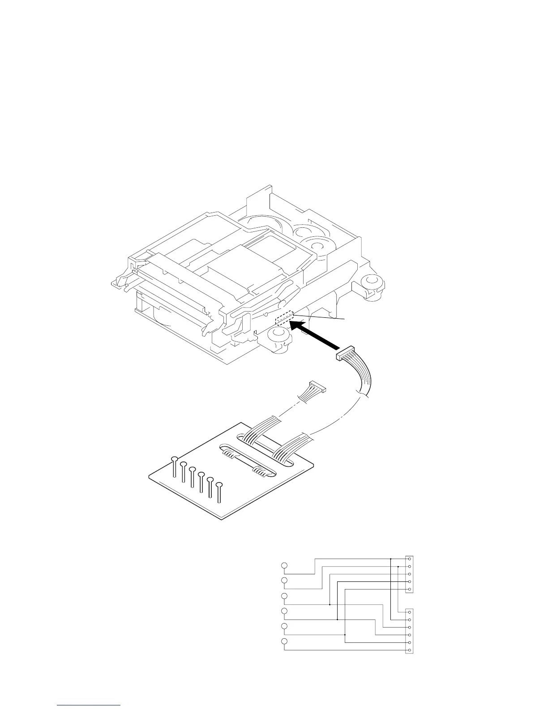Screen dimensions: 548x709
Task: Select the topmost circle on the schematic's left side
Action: pyautogui.click(x=284, y=565)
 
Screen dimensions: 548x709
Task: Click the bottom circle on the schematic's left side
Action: pyautogui.click(x=284, y=642)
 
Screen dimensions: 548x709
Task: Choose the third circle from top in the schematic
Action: pyautogui.click(x=284, y=596)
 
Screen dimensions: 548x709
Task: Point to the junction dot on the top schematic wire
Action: pyautogui.click(x=391, y=559)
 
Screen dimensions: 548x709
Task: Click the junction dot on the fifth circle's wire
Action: pyautogui.click(x=345, y=635)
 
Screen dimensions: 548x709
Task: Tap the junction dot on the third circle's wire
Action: pyautogui.click(x=330, y=604)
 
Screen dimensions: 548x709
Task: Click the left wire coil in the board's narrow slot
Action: pyautogui.click(x=229, y=454)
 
